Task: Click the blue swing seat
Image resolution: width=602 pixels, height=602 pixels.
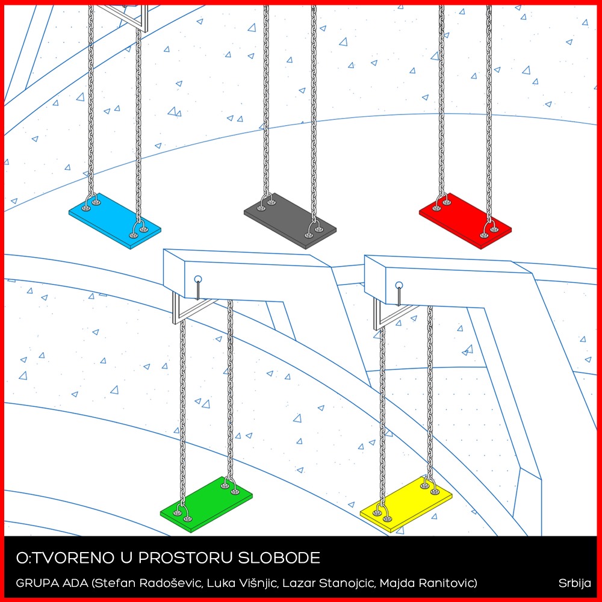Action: point(115,221)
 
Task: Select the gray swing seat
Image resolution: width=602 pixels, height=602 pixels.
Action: point(290,221)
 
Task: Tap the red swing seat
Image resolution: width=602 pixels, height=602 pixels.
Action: point(465,221)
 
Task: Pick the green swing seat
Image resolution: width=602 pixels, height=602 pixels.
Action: point(206,504)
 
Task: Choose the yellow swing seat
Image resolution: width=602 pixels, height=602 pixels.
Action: point(406,504)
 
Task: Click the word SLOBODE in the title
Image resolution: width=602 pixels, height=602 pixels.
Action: point(279,558)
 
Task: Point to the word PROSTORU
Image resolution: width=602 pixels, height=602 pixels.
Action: point(185,558)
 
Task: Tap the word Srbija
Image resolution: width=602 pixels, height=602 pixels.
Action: point(575,583)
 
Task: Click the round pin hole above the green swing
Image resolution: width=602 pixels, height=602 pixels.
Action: point(197,279)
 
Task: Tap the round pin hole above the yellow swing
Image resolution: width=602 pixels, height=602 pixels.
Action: point(399,285)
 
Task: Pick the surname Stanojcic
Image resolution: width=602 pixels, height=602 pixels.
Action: point(346,583)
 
